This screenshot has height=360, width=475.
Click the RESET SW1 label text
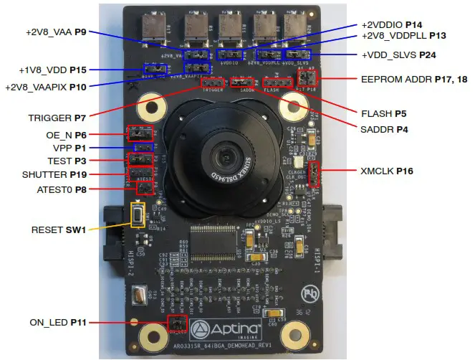click(58, 230)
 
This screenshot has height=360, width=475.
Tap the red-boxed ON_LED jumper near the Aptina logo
click(176, 324)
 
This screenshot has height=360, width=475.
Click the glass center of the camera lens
click(222, 156)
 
